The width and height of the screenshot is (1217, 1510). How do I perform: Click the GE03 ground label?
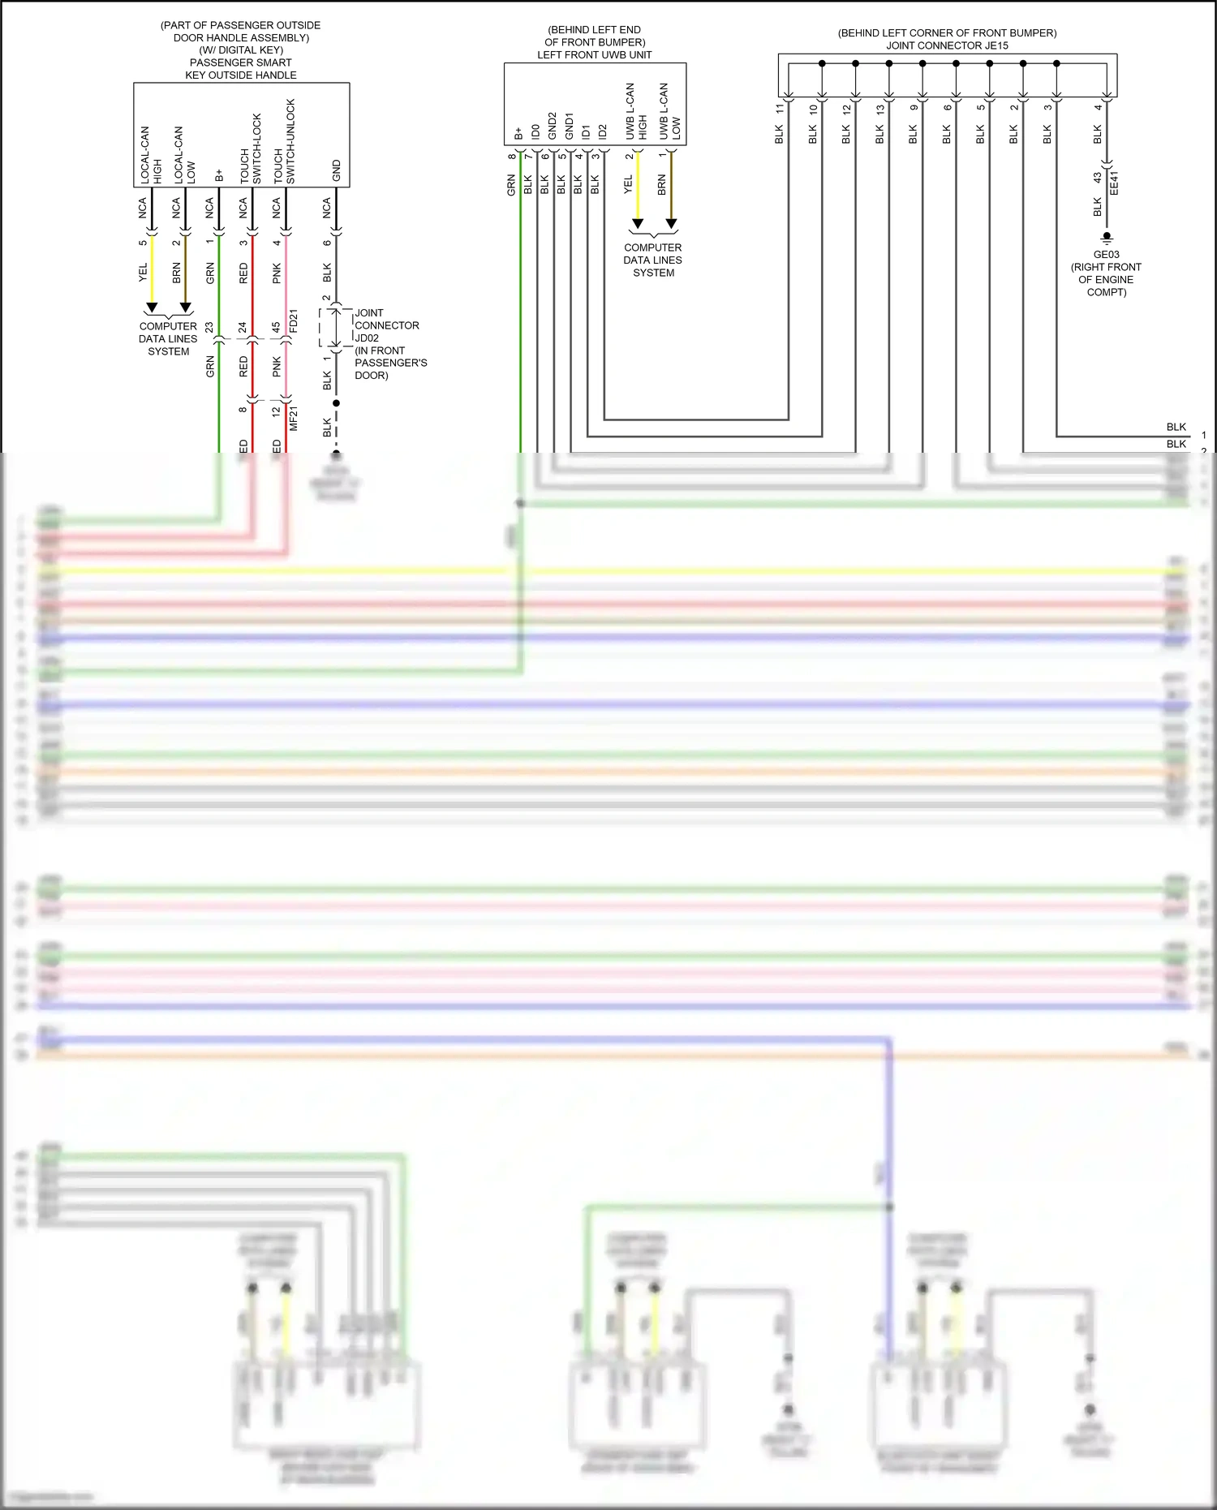(x=1106, y=254)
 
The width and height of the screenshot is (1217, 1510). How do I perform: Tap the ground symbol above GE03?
(x=1107, y=239)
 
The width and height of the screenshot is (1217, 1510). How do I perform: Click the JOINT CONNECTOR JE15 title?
(x=947, y=45)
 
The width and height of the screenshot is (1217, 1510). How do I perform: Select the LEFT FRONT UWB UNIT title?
(x=594, y=55)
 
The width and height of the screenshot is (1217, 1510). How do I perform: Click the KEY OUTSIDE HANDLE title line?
(x=241, y=75)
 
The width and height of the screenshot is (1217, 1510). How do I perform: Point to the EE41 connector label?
(x=1114, y=183)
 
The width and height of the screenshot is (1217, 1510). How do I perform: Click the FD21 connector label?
(x=294, y=320)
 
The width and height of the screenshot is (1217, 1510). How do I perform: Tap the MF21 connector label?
(x=294, y=418)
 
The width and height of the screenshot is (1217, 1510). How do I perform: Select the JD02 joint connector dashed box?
(x=335, y=327)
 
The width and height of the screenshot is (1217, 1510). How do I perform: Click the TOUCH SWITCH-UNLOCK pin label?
(x=284, y=142)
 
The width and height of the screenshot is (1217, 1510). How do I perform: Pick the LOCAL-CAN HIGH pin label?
(x=151, y=154)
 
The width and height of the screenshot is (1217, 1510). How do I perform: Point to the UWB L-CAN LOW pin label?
(x=669, y=111)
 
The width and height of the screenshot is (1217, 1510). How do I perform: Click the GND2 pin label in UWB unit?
(x=552, y=126)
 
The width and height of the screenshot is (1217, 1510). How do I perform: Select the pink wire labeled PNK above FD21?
(x=286, y=276)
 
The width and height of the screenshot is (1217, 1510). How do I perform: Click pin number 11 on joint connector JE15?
(x=780, y=108)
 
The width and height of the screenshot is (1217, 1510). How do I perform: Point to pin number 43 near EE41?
(x=1097, y=177)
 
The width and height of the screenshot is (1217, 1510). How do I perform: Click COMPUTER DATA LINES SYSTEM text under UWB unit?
(x=653, y=260)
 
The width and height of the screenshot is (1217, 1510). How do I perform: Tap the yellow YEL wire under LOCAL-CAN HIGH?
(x=152, y=272)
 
